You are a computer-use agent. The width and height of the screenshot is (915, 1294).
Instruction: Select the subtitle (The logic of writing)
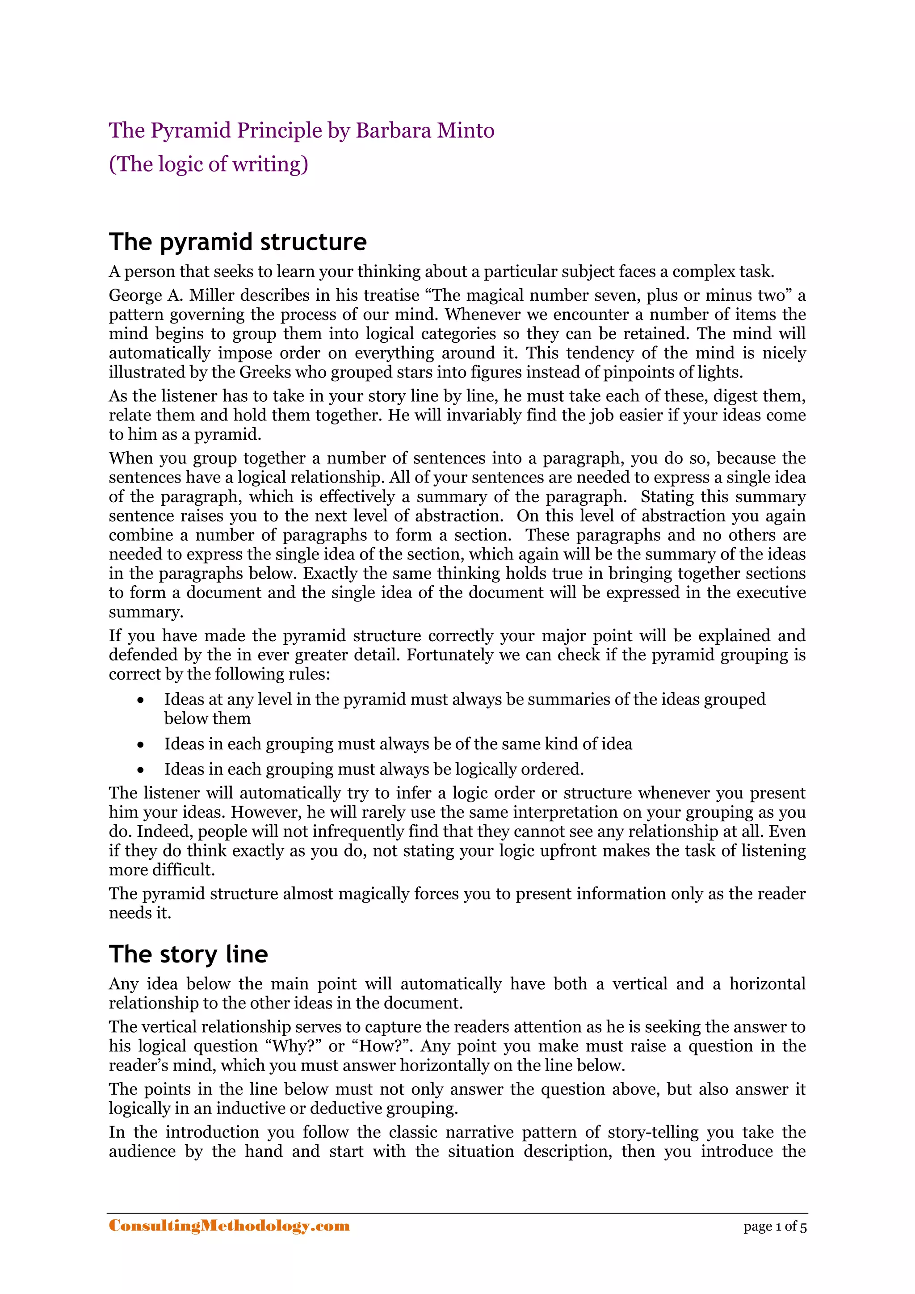tap(209, 164)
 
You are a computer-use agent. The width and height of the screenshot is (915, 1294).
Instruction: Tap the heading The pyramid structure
tap(238, 242)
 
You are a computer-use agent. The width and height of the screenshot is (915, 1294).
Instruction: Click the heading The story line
tap(188, 954)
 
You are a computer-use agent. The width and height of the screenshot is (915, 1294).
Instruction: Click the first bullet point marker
tap(141, 700)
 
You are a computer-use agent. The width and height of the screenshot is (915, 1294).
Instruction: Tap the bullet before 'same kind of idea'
tap(141, 744)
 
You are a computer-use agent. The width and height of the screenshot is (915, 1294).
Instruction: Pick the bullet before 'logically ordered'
tap(141, 770)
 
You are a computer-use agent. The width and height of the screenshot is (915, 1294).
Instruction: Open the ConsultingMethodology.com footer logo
tap(229, 1226)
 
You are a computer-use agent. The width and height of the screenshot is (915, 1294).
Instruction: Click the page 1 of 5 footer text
tap(775, 1227)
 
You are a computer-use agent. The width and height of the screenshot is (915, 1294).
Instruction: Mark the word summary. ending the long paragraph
tap(146, 612)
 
